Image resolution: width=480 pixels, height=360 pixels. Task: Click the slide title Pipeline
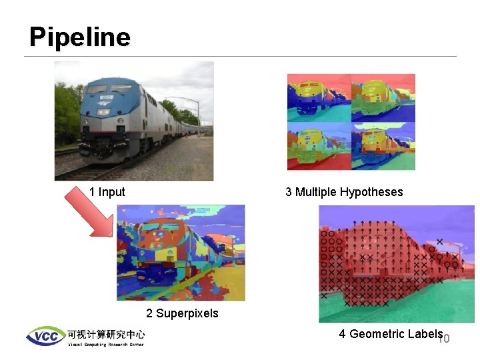[x=79, y=37]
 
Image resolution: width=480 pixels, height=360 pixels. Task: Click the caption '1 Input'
[x=107, y=192]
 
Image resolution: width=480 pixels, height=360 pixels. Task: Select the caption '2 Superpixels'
[x=182, y=313]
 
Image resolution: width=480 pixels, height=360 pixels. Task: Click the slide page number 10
[x=444, y=339]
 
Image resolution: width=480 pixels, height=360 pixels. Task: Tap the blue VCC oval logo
[x=45, y=335]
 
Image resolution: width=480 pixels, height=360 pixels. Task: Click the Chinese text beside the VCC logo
[x=105, y=333]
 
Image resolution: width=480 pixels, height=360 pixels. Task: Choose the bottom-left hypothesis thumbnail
[x=319, y=146]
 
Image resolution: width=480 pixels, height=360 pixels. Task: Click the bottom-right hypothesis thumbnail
[x=383, y=146]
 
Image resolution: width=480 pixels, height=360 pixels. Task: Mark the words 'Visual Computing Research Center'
[x=105, y=344]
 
